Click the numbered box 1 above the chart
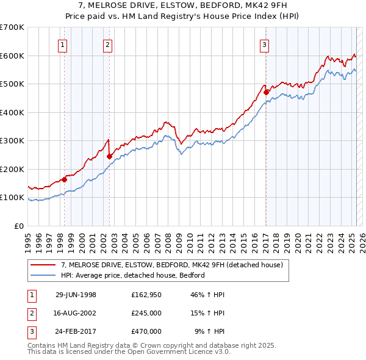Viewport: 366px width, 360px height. click(63, 44)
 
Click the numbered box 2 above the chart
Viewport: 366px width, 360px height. click(107, 44)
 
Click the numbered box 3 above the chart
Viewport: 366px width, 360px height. click(265, 44)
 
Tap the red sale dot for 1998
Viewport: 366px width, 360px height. click(64, 179)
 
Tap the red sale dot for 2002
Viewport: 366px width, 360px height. click(109, 156)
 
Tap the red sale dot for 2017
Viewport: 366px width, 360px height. click(266, 92)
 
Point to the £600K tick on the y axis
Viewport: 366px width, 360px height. click(13, 56)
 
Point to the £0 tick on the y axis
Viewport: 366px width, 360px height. click(18, 226)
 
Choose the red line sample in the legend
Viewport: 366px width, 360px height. click(43, 265)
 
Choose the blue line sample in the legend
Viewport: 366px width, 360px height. click(43, 275)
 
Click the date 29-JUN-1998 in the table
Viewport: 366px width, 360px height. click(76, 295)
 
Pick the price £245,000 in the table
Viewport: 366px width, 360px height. click(146, 313)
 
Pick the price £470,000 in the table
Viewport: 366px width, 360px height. click(146, 331)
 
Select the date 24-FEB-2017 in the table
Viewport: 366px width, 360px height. click(76, 331)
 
